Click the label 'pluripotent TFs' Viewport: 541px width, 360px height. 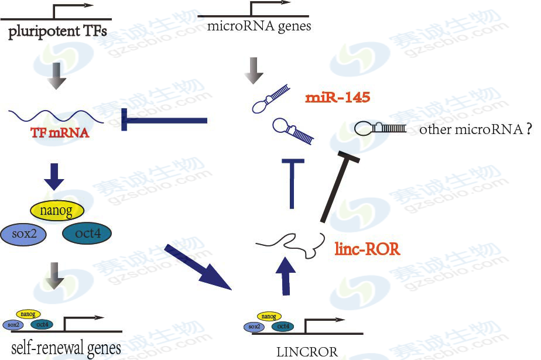tap(57, 30)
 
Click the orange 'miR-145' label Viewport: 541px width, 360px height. tap(338, 97)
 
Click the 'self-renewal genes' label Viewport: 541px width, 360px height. tap(64, 348)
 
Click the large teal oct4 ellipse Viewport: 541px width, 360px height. tap(86, 233)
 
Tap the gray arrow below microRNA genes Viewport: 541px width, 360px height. tap(254, 69)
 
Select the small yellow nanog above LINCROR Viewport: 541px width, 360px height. tap(268, 316)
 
